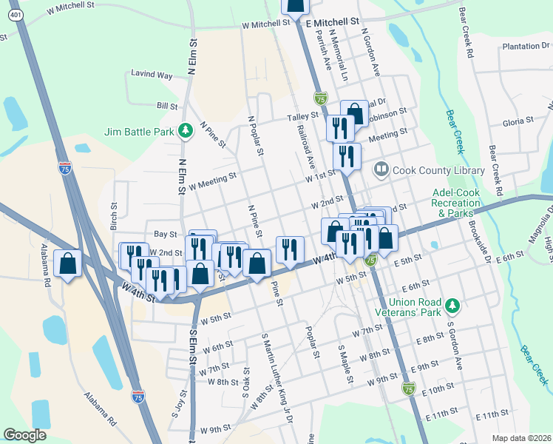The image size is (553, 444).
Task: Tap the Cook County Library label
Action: pos(438,170)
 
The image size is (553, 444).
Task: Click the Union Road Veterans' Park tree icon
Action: pos(453,305)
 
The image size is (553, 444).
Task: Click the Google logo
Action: pos(24,435)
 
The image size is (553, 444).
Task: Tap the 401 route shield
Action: pos(14,15)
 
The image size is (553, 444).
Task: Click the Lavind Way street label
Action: pos(152,75)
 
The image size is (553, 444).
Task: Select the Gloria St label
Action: pos(518,121)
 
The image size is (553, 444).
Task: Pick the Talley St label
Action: pos(302,116)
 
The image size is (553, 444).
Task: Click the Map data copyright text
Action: pos(521,438)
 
